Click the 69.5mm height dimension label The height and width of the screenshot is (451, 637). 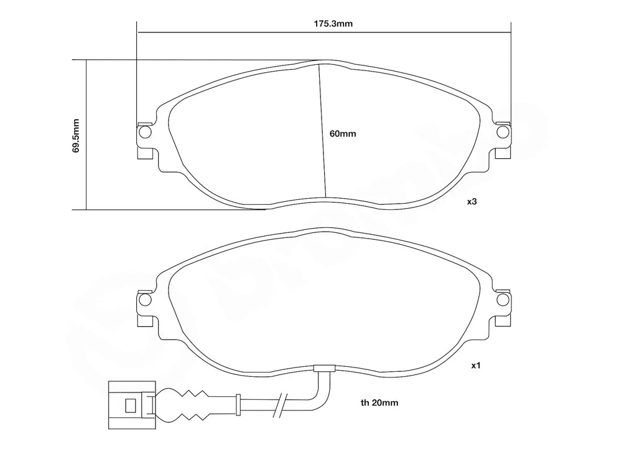76,135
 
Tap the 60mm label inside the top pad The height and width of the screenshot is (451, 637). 342,133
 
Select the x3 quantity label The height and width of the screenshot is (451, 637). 472,202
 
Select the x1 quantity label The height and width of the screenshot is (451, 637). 475,366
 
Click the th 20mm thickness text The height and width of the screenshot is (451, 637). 379,403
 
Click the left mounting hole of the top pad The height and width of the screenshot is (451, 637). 145,132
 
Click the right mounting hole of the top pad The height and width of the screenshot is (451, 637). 503,132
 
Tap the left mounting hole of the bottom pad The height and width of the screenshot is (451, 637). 145,300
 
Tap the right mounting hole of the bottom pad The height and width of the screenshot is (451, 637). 503,300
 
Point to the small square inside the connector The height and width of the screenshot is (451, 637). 130,406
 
